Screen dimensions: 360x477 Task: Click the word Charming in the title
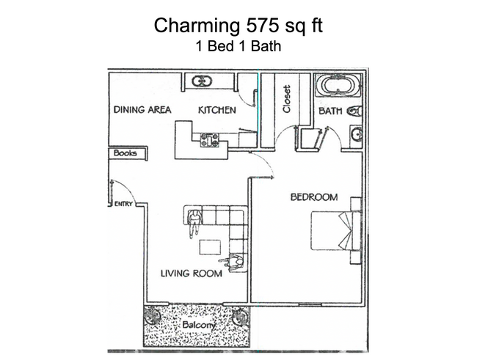[x=193, y=26]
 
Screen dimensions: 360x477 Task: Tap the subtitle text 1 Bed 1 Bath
[x=238, y=46]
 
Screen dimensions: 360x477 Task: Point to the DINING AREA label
[x=142, y=110]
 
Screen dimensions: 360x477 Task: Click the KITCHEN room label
[x=217, y=110]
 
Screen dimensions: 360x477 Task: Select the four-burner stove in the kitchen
[x=210, y=139]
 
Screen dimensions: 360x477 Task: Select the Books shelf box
[x=128, y=154]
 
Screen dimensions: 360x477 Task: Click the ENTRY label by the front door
[x=123, y=204]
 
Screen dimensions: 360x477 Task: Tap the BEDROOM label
[x=313, y=196]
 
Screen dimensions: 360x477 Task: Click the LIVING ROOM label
[x=192, y=273]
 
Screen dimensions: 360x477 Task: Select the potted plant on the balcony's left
[x=152, y=317]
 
